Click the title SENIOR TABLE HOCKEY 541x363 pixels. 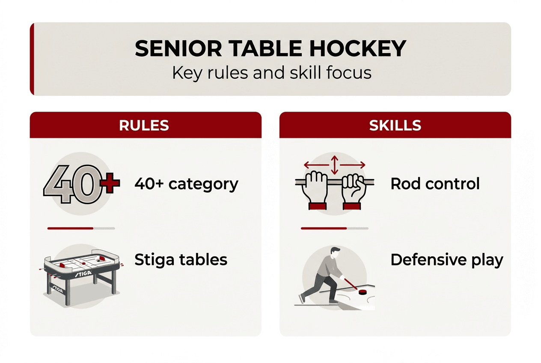[270, 49]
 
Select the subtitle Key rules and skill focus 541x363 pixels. [271, 73]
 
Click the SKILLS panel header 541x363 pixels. [395, 125]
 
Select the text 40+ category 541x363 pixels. [186, 184]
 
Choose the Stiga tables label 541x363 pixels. [181, 259]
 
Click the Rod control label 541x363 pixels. [435, 184]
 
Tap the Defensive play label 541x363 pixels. [447, 260]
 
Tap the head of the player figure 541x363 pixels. [336, 253]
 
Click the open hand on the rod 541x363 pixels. [315, 188]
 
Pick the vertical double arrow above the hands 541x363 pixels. [335, 164]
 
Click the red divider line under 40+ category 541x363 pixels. [71, 228]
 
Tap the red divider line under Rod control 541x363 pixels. [324, 228]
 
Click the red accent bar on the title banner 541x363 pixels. [32, 59]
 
